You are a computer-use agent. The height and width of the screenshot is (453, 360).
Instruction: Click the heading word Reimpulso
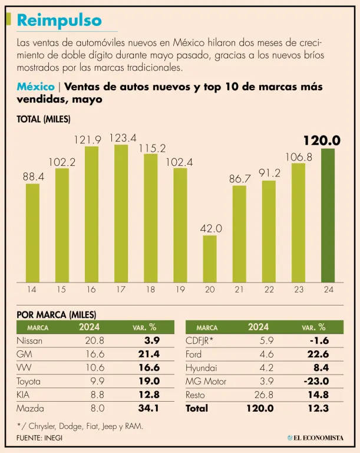[x=59, y=20]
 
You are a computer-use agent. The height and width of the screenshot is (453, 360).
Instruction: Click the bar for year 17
[x=121, y=213]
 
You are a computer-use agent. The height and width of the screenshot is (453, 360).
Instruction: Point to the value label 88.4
[x=33, y=176]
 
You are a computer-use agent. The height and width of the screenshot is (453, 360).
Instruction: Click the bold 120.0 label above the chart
[x=322, y=140]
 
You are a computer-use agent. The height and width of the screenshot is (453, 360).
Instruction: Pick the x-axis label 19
[x=180, y=289]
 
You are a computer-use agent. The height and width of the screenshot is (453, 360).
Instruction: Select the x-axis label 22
[x=269, y=289]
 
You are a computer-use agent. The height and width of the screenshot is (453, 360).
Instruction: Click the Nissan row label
[x=30, y=341]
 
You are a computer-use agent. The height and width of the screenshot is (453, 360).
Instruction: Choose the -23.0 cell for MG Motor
[x=316, y=382]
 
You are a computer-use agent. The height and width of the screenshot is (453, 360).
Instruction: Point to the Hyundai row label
[x=202, y=368]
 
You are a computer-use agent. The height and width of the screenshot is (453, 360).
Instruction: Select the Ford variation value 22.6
[x=318, y=354]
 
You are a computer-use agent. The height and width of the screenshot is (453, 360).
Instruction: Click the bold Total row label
[x=197, y=408]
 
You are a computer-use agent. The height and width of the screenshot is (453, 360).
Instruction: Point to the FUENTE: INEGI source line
[x=39, y=438]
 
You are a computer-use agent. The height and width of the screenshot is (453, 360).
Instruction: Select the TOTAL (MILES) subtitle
[x=44, y=119]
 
